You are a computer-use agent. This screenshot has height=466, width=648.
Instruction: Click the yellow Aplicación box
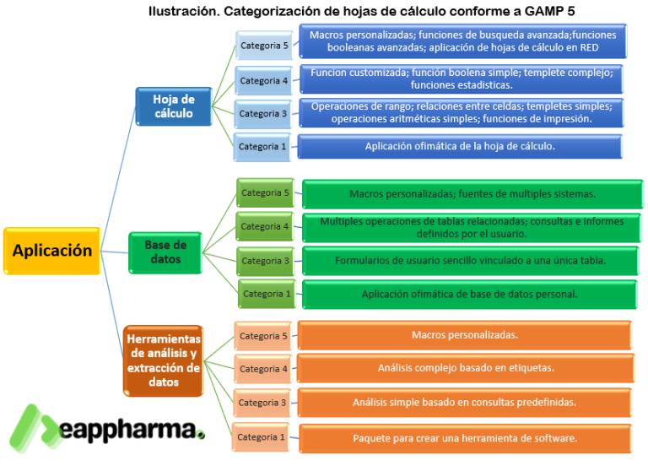(51, 251)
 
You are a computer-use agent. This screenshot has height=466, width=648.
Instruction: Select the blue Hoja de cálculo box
(173, 106)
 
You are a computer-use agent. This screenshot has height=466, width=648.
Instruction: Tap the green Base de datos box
(165, 252)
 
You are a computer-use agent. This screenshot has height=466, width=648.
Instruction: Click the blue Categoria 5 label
(264, 46)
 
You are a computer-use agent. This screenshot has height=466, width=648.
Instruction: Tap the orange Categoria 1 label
(262, 437)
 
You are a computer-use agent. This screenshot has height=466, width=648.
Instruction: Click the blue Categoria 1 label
(262, 147)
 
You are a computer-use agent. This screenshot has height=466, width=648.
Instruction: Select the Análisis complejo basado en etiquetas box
(465, 368)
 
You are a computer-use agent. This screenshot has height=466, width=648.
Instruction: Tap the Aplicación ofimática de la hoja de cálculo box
(460, 146)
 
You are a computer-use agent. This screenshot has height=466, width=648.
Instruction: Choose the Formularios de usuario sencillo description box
(470, 260)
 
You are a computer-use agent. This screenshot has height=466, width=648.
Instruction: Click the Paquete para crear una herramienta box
(465, 438)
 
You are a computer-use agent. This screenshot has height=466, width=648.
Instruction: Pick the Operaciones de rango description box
(462, 112)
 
